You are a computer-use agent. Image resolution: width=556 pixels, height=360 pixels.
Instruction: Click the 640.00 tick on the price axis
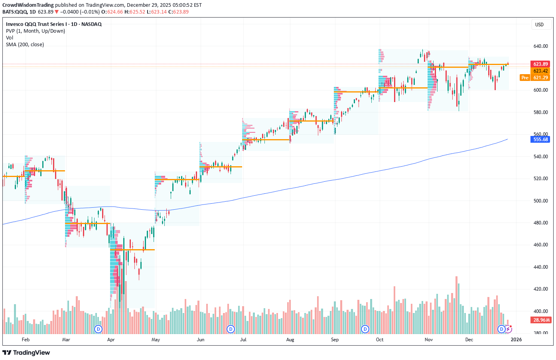click(x=540, y=46)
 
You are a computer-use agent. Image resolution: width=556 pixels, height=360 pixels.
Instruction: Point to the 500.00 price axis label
click(x=540, y=201)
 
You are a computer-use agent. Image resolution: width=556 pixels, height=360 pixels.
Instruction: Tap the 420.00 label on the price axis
click(x=540, y=289)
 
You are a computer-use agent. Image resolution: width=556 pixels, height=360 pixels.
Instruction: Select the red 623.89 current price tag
click(x=540, y=64)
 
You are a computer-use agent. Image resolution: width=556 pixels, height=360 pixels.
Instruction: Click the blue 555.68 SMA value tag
click(x=540, y=140)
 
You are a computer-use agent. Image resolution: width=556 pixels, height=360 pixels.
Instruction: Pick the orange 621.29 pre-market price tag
click(x=540, y=78)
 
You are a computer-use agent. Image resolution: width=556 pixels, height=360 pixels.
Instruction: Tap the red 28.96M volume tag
click(x=541, y=320)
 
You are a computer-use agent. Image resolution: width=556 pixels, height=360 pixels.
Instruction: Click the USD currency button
click(x=539, y=25)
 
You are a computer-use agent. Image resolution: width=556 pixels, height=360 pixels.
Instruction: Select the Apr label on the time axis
click(x=111, y=340)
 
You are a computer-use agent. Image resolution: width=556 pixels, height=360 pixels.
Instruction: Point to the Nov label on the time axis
click(x=428, y=340)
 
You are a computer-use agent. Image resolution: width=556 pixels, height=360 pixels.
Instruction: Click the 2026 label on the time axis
click(x=516, y=340)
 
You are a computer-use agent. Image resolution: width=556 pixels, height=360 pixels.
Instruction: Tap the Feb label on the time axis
click(x=26, y=340)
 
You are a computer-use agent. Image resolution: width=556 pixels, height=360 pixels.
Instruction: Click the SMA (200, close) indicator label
click(x=25, y=45)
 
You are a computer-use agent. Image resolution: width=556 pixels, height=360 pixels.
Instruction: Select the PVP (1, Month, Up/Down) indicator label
click(x=35, y=31)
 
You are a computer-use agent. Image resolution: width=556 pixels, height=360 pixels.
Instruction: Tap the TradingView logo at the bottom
click(x=26, y=352)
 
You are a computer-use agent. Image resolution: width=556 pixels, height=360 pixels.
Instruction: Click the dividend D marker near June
click(x=231, y=329)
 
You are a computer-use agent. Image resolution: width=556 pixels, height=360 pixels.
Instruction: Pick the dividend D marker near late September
click(x=365, y=329)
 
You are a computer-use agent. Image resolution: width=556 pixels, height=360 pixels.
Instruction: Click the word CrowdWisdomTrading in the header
click(x=28, y=5)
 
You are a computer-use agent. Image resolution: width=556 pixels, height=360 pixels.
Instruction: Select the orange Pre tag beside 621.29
click(x=525, y=78)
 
